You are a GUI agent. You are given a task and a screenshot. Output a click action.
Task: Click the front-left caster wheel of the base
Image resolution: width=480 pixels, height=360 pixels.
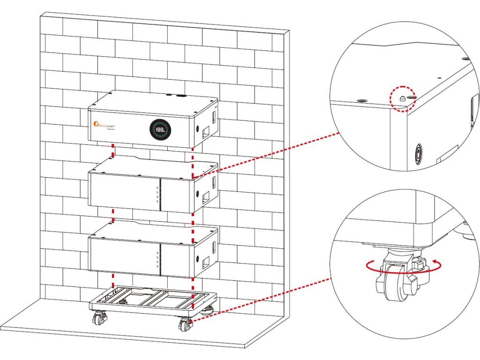tap(99, 319)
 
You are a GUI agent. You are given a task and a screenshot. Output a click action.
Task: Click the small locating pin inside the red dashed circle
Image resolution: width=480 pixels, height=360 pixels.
tap(403, 98)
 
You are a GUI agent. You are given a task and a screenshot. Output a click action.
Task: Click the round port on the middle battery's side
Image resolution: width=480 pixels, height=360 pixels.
tap(198, 193)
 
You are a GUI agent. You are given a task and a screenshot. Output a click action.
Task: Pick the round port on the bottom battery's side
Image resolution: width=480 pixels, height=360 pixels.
tap(198, 259)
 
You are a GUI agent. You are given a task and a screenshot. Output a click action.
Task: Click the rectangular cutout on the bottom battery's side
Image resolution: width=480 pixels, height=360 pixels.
tap(205, 265)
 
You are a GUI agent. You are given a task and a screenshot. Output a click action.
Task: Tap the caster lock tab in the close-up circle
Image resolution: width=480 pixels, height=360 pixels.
tap(417, 266)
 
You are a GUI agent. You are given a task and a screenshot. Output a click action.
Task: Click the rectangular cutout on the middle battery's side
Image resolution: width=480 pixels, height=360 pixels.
tap(205, 200)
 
